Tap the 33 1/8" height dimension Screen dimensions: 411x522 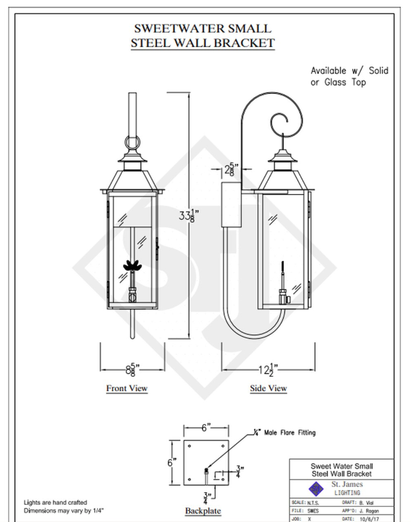[187, 215]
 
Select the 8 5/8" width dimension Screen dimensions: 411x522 [132, 369]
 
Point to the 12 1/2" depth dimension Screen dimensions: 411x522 [268, 369]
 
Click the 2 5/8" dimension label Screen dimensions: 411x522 [232, 169]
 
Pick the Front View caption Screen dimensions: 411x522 [127, 388]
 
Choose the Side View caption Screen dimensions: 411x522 [269, 388]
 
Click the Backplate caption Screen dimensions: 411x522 [203, 511]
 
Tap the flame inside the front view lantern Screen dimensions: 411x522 [132, 266]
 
